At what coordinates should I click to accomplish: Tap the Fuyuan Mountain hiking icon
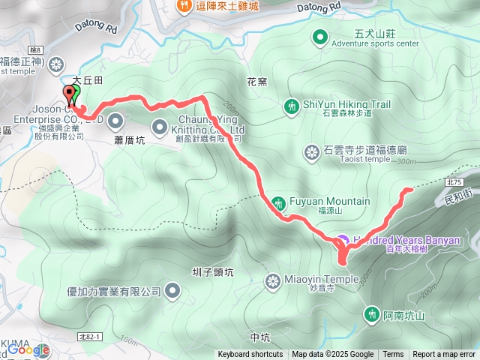279,202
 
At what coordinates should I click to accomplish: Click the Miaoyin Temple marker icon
273,280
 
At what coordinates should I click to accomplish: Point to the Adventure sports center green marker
319,36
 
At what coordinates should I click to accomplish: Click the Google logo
28,349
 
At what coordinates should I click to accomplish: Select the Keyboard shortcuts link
250,355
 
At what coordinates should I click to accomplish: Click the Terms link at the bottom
393,355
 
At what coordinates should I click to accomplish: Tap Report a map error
444,355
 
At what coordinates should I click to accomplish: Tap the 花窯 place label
256,79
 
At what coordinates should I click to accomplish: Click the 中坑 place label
259,337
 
